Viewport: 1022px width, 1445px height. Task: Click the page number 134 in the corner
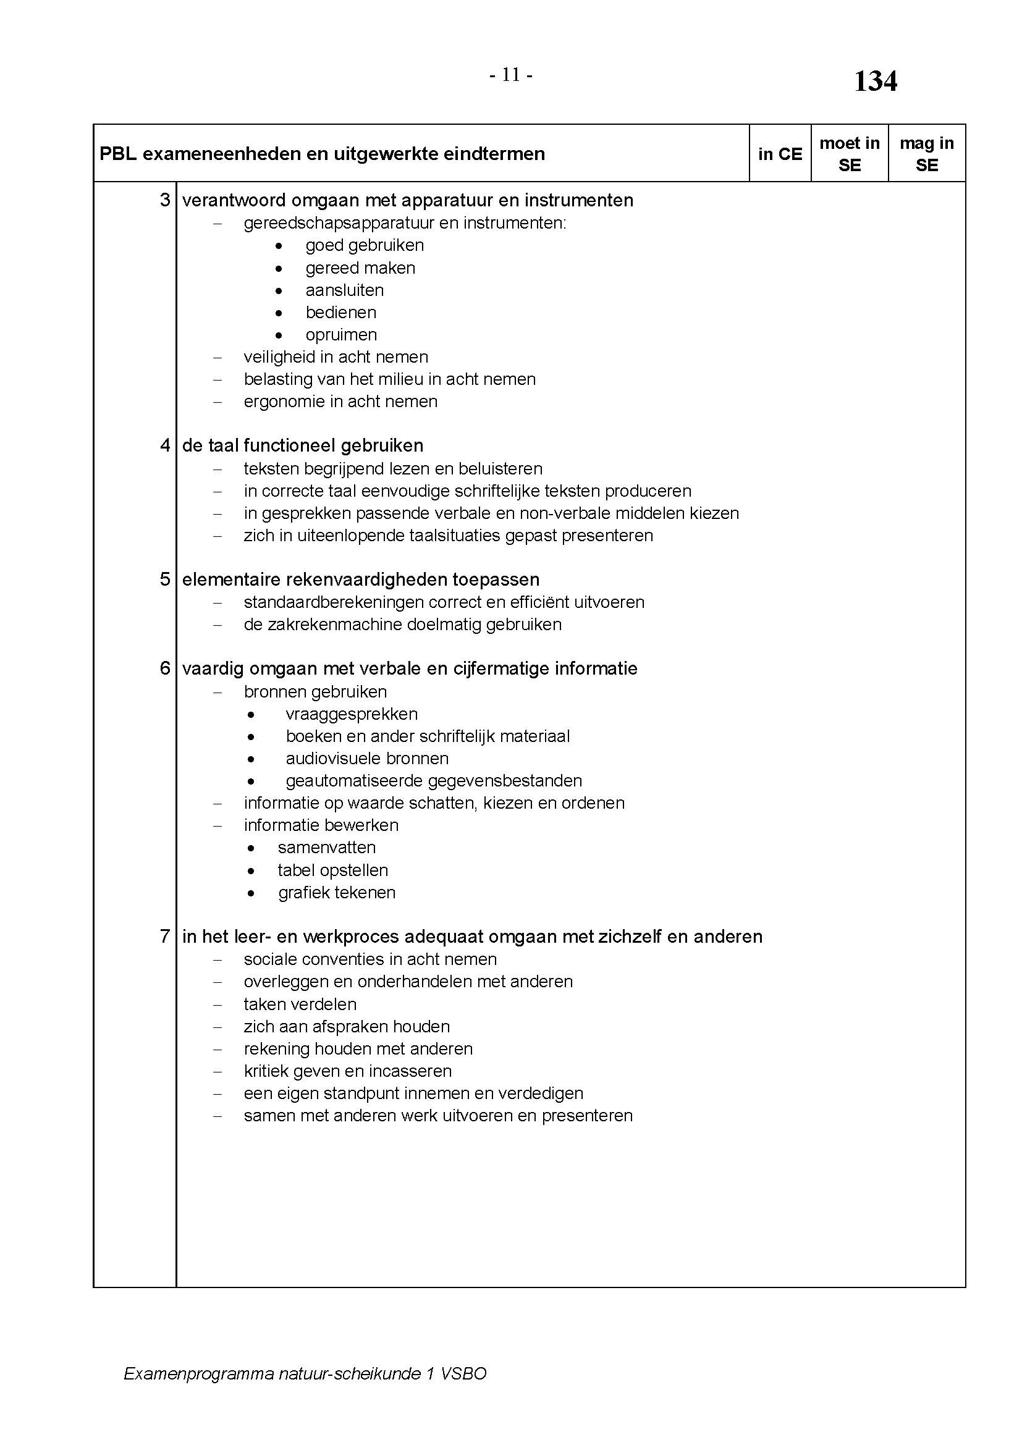point(875,82)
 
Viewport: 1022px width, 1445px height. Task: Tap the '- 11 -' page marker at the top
point(511,75)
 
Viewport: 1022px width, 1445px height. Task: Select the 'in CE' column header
point(780,154)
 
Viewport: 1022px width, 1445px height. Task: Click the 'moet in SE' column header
point(849,154)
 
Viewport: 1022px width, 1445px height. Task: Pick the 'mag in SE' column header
point(926,154)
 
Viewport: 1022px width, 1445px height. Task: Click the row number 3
point(165,200)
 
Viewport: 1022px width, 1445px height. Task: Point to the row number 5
point(165,579)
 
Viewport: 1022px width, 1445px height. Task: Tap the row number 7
point(165,937)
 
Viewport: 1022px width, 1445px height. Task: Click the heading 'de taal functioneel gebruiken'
point(303,445)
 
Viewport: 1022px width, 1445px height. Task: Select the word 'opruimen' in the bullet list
point(341,335)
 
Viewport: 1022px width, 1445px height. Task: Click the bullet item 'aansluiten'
point(344,290)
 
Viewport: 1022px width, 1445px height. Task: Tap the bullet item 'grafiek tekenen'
point(337,893)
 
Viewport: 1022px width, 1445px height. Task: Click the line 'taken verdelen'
point(300,1004)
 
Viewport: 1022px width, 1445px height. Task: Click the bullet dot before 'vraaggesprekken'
point(251,715)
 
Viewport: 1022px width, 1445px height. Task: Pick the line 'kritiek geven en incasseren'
point(347,1071)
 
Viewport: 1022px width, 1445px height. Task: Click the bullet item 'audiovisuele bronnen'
point(367,759)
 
